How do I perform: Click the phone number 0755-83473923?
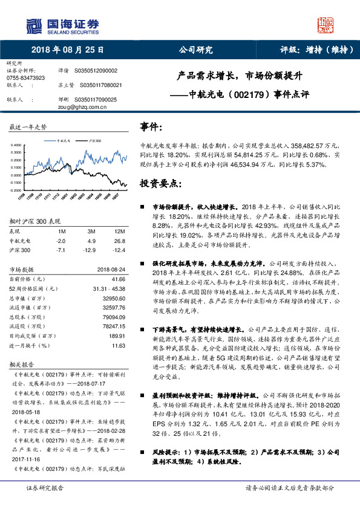coord(25,78)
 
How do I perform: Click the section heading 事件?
coord(151,127)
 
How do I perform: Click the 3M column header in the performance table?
coord(92,232)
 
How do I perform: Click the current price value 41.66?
coord(118,279)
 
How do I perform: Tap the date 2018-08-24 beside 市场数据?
coord(111,270)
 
